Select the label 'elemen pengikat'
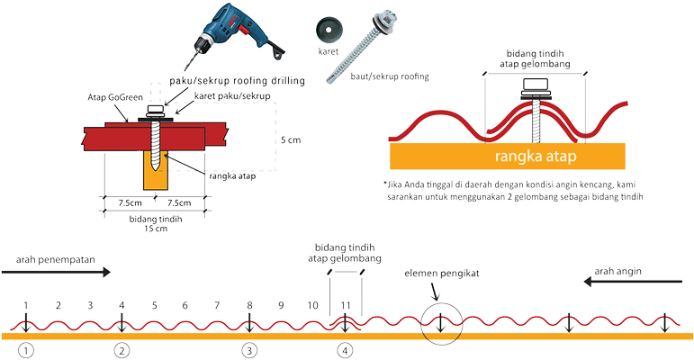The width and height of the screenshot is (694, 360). coord(435,274)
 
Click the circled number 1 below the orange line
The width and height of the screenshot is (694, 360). coord(27,349)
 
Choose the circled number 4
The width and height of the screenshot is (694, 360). coord(345,349)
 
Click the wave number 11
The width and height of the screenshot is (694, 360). coord(345,306)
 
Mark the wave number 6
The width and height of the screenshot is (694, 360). coord(185,306)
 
